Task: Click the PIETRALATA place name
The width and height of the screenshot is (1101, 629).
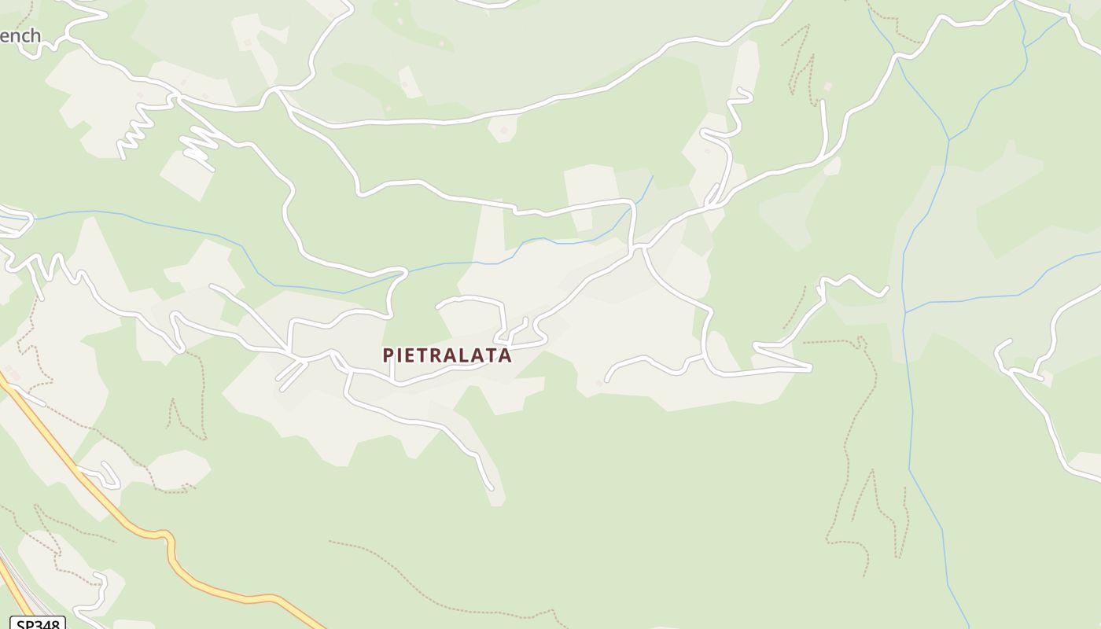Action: coord(447,355)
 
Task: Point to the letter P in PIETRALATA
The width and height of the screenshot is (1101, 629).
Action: coord(388,355)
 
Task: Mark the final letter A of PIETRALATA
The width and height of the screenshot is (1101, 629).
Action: coord(505,355)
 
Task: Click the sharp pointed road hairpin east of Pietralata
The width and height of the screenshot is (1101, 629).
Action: coord(810,367)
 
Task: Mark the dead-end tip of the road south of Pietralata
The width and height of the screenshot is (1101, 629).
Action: coord(492,488)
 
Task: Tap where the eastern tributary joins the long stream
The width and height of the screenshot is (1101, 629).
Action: coord(905,312)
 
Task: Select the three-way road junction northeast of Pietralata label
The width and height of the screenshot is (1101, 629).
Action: coord(639,248)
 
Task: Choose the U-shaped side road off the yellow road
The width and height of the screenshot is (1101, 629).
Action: coord(109,475)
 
